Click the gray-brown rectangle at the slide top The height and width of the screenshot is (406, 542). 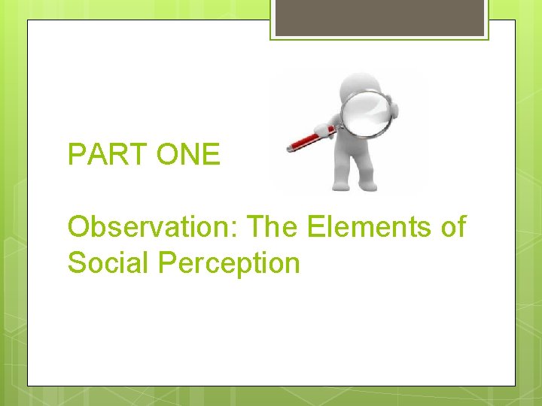(379, 17)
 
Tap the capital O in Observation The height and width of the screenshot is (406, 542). (78, 226)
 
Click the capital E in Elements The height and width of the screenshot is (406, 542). (315, 226)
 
